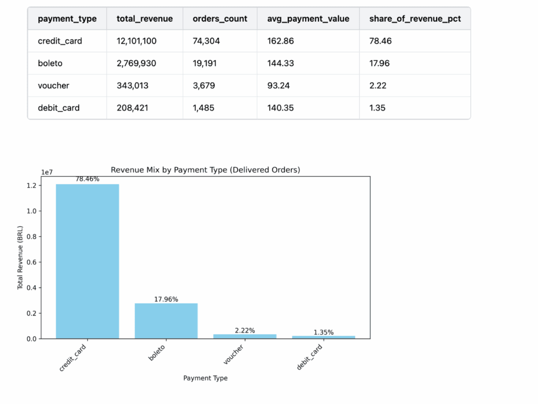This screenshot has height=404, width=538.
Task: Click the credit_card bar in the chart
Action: pyautogui.click(x=87, y=261)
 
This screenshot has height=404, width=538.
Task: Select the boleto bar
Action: pyautogui.click(x=166, y=321)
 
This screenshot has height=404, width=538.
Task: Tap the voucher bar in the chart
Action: pyautogui.click(x=245, y=336)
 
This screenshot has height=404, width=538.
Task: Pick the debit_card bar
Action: pyautogui.click(x=323, y=337)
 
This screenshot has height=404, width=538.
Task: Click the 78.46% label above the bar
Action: pyautogui.click(x=87, y=179)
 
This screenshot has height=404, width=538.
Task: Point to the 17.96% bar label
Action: pyautogui.click(x=166, y=299)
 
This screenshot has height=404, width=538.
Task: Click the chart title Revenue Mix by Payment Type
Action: pyautogui.click(x=205, y=170)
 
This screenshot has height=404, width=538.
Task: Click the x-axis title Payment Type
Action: pyautogui.click(x=205, y=378)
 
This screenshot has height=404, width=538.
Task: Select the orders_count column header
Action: pyautogui.click(x=220, y=18)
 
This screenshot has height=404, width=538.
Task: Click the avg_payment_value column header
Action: pyautogui.click(x=308, y=18)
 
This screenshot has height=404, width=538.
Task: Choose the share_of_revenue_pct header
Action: pyautogui.click(x=415, y=18)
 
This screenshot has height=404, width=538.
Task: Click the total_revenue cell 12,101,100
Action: pyautogui.click(x=137, y=41)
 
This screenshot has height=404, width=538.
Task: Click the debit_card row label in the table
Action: pyautogui.click(x=59, y=108)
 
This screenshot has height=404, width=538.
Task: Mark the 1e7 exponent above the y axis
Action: pyautogui.click(x=48, y=172)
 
